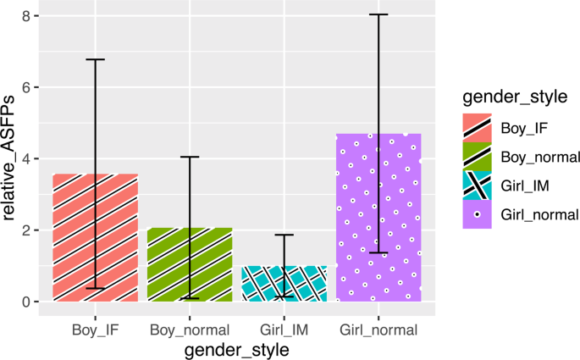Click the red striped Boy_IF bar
(x=95, y=238)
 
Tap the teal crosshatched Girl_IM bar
(x=284, y=284)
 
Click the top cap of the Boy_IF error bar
(x=95, y=59)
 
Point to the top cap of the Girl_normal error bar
(x=378, y=14)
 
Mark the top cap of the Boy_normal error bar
(x=190, y=157)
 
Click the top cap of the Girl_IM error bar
(x=284, y=235)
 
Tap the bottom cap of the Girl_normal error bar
(x=378, y=252)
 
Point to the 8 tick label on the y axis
(x=26, y=16)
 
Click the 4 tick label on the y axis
(x=26, y=159)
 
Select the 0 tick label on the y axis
(x=26, y=302)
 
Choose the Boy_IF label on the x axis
(x=95, y=330)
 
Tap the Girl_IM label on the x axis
(x=284, y=330)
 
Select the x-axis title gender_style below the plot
(x=237, y=349)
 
